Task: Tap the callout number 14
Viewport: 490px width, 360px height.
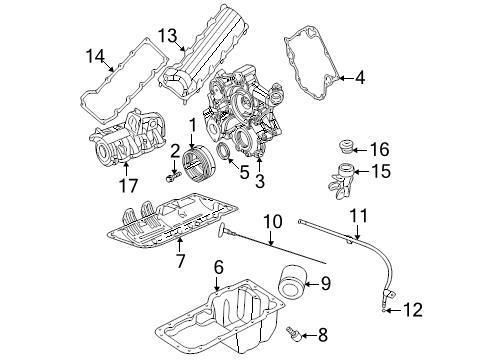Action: [96, 54]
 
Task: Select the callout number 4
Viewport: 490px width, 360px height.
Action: [360, 77]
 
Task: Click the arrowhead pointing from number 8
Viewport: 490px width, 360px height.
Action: [304, 332]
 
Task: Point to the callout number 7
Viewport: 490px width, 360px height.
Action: [179, 262]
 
